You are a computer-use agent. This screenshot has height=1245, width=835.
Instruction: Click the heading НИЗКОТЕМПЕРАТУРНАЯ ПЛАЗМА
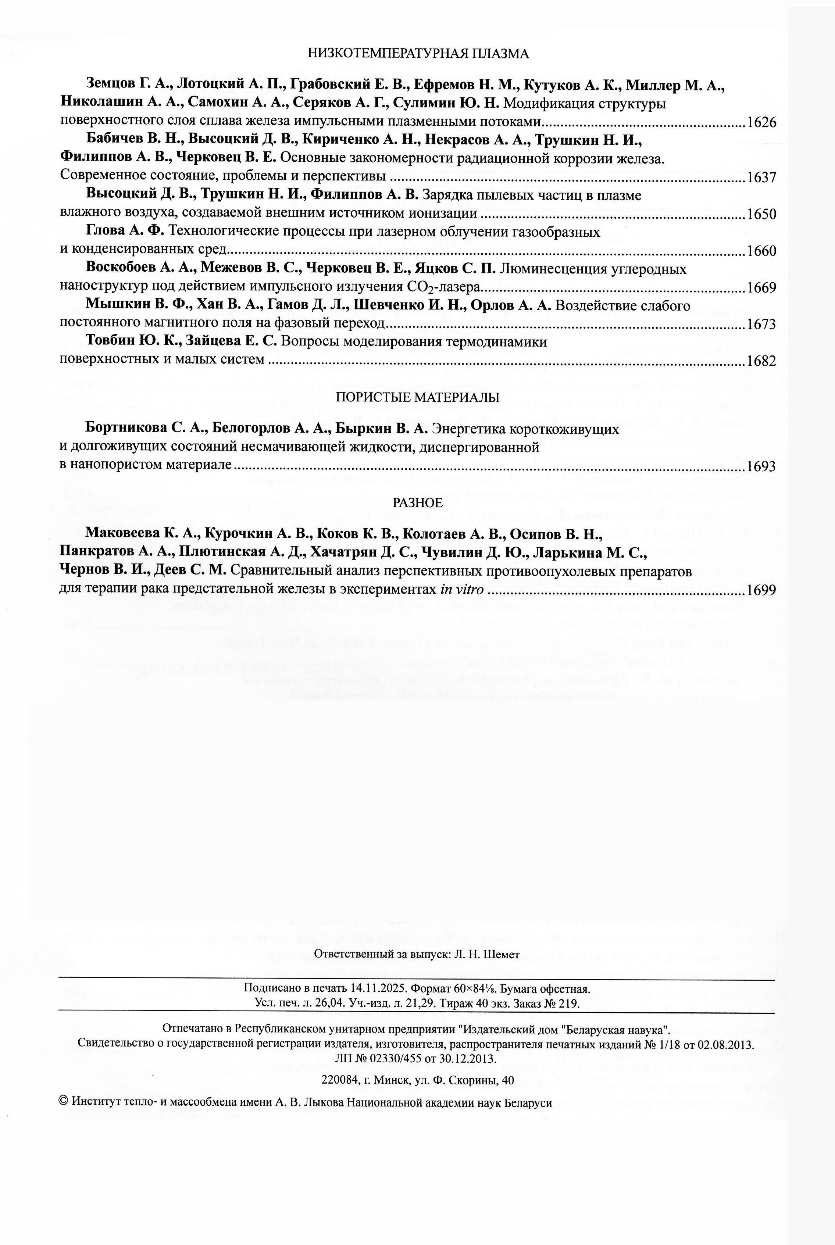418,53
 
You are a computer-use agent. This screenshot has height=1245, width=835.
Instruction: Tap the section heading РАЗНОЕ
418,503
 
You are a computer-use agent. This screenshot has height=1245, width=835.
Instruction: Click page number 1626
761,122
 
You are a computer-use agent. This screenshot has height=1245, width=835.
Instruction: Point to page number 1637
761,177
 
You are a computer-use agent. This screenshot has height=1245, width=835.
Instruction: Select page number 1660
761,251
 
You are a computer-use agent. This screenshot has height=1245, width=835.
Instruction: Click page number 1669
761,287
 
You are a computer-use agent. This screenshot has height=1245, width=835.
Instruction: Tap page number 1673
761,324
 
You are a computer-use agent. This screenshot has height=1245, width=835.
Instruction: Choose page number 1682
761,361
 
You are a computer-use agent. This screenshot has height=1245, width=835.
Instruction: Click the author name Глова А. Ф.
126,232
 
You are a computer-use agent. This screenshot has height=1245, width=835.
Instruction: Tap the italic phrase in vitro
462,590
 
